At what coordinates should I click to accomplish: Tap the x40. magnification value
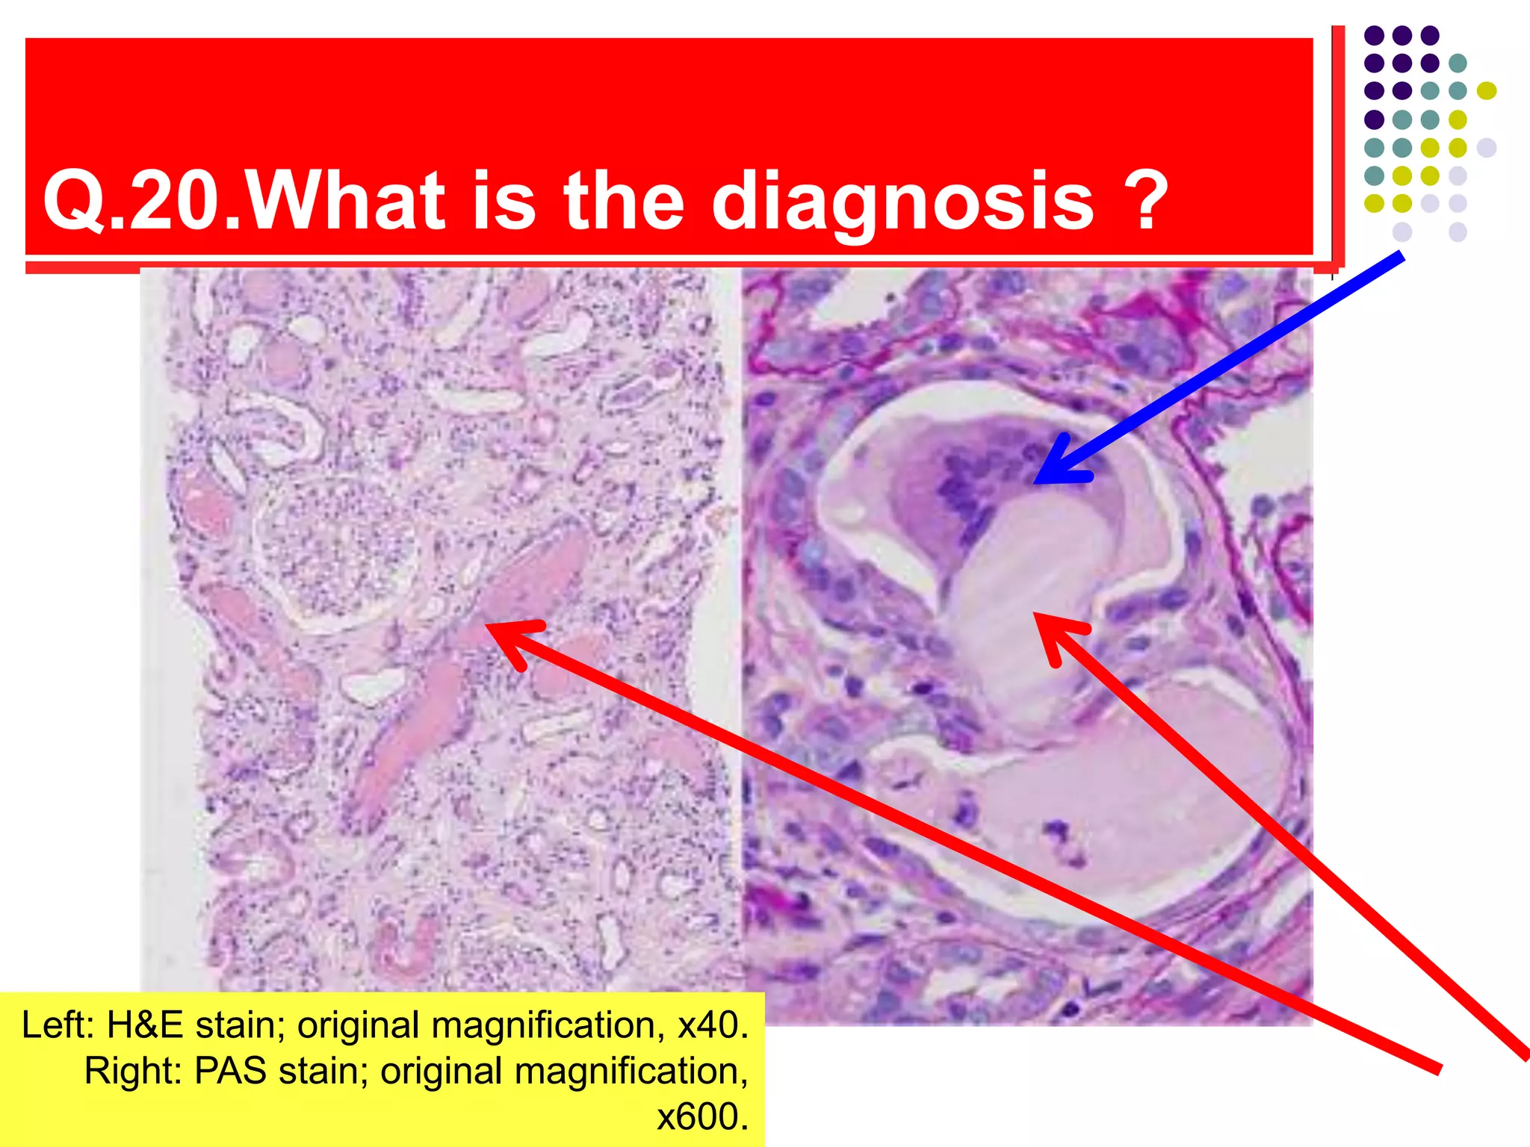point(713,1025)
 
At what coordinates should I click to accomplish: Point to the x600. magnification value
point(702,1117)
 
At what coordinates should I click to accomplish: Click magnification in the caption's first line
point(548,1025)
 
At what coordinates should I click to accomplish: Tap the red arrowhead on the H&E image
point(489,626)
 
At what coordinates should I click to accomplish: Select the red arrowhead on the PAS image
point(1037,615)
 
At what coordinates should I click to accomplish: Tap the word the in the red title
point(623,200)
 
